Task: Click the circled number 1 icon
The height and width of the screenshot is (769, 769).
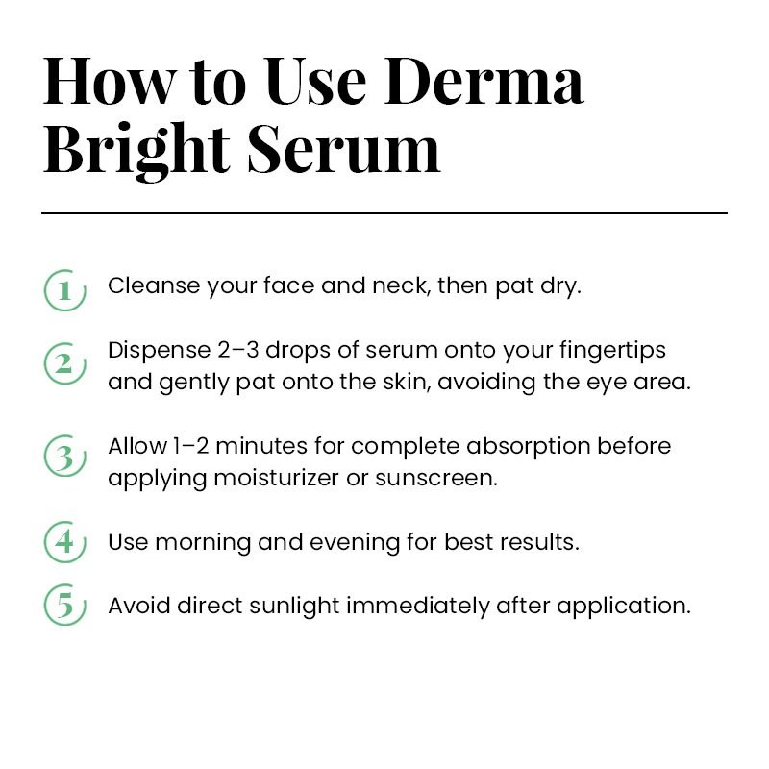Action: pyautogui.click(x=64, y=290)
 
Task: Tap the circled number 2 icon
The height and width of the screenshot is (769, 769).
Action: pyautogui.click(x=64, y=363)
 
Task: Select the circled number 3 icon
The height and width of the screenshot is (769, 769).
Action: pyautogui.click(x=64, y=456)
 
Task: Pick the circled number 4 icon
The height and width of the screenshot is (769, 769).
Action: pyautogui.click(x=64, y=542)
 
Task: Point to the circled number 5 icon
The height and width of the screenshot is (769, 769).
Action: pyautogui.click(x=64, y=605)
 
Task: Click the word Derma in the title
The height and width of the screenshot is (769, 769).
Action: pyautogui.click(x=484, y=82)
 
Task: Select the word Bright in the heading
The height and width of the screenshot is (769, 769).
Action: pyautogui.click(x=136, y=150)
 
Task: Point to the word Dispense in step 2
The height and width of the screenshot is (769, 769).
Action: pyautogui.click(x=159, y=351)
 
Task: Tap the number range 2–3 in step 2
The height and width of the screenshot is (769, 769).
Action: pyautogui.click(x=237, y=350)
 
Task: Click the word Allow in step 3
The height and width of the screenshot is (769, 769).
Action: pyautogui.click(x=137, y=446)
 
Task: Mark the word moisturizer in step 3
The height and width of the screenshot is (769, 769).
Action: pyautogui.click(x=277, y=478)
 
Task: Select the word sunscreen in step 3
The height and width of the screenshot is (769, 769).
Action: pyautogui.click(x=436, y=478)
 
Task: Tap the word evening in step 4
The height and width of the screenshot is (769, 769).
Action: pyautogui.click(x=354, y=543)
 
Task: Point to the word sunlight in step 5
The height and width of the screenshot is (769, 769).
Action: pyautogui.click(x=294, y=607)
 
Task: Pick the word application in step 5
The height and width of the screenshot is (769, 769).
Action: pyautogui.click(x=623, y=607)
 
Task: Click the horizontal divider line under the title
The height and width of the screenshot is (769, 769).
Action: pyautogui.click(x=384, y=213)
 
